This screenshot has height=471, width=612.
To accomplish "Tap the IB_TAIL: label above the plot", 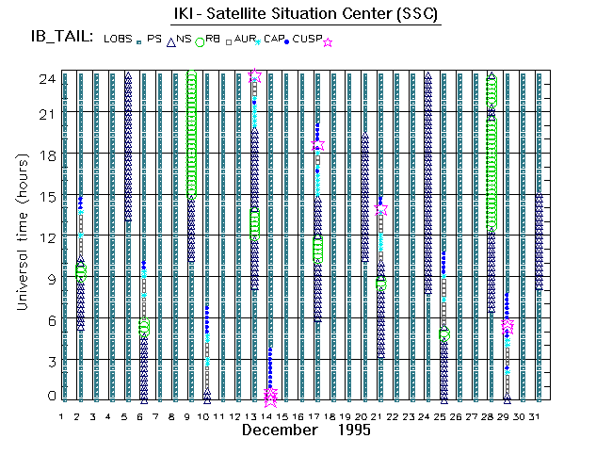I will click(62, 38).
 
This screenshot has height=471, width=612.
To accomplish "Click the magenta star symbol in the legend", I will click(328, 42).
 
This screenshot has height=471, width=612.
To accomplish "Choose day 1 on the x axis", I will click(62, 415).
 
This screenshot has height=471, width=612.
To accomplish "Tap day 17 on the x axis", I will click(317, 415).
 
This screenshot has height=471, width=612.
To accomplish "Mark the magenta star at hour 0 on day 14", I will click(270, 397).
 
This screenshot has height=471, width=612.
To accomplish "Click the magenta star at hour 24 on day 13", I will click(254, 75).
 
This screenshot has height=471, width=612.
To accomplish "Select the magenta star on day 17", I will click(317, 145).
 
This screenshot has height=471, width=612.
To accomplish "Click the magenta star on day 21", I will click(380, 209).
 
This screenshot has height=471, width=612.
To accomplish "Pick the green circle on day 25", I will click(443, 334).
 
